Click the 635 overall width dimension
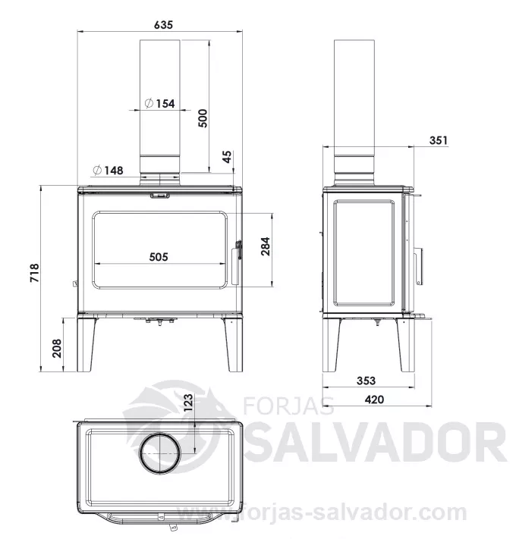pos(163,25)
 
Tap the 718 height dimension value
pos(35,273)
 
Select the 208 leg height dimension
pos(57,348)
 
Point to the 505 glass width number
pos(159,257)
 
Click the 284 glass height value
pos(266,246)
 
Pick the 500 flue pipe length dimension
pos(203,118)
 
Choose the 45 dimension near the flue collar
pos(228,157)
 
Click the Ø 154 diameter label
pos(159,103)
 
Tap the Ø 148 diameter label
pos(108,170)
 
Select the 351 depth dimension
pos(439,140)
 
